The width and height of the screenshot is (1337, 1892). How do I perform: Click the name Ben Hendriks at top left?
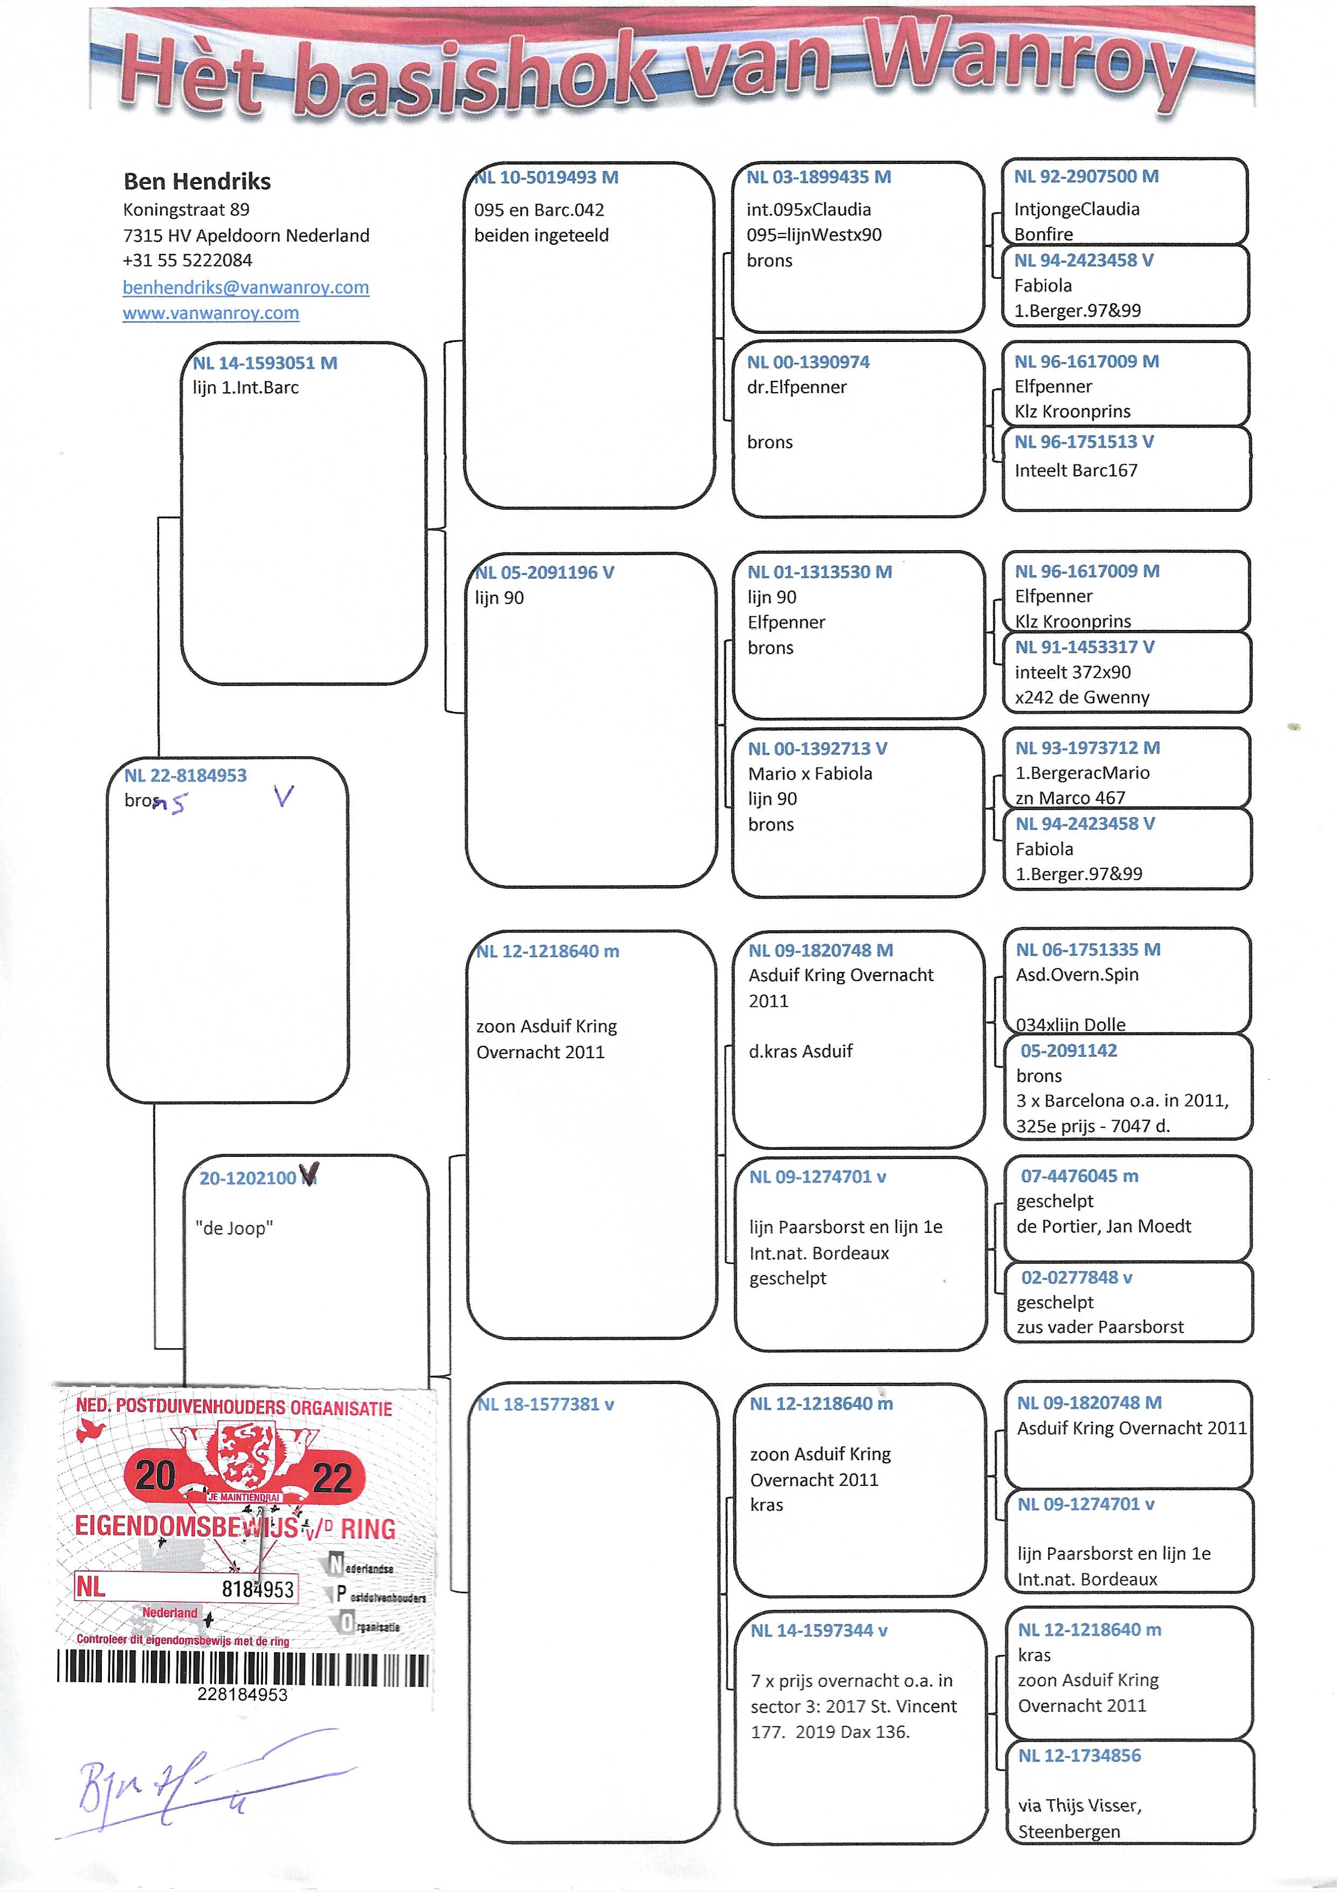(197, 181)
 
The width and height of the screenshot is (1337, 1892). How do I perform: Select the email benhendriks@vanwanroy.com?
(245, 287)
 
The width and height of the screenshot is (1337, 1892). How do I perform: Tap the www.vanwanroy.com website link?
(211, 313)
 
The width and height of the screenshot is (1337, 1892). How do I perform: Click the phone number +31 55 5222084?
(188, 261)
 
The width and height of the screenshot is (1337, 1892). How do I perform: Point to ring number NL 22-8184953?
(185, 776)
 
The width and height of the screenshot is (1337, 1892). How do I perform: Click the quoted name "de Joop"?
(234, 1229)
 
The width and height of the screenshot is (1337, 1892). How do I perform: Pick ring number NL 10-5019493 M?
(547, 177)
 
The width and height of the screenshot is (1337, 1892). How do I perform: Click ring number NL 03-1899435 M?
(818, 177)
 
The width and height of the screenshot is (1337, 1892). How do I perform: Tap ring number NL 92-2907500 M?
(1086, 176)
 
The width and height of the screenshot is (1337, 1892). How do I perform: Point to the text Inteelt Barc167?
(1076, 470)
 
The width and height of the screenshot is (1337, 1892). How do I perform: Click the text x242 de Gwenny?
(1081, 697)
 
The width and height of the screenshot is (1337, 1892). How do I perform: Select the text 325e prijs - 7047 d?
(1092, 1126)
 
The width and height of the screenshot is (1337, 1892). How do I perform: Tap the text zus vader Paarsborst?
(1100, 1327)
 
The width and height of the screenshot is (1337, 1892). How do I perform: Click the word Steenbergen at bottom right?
(1069, 1832)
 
